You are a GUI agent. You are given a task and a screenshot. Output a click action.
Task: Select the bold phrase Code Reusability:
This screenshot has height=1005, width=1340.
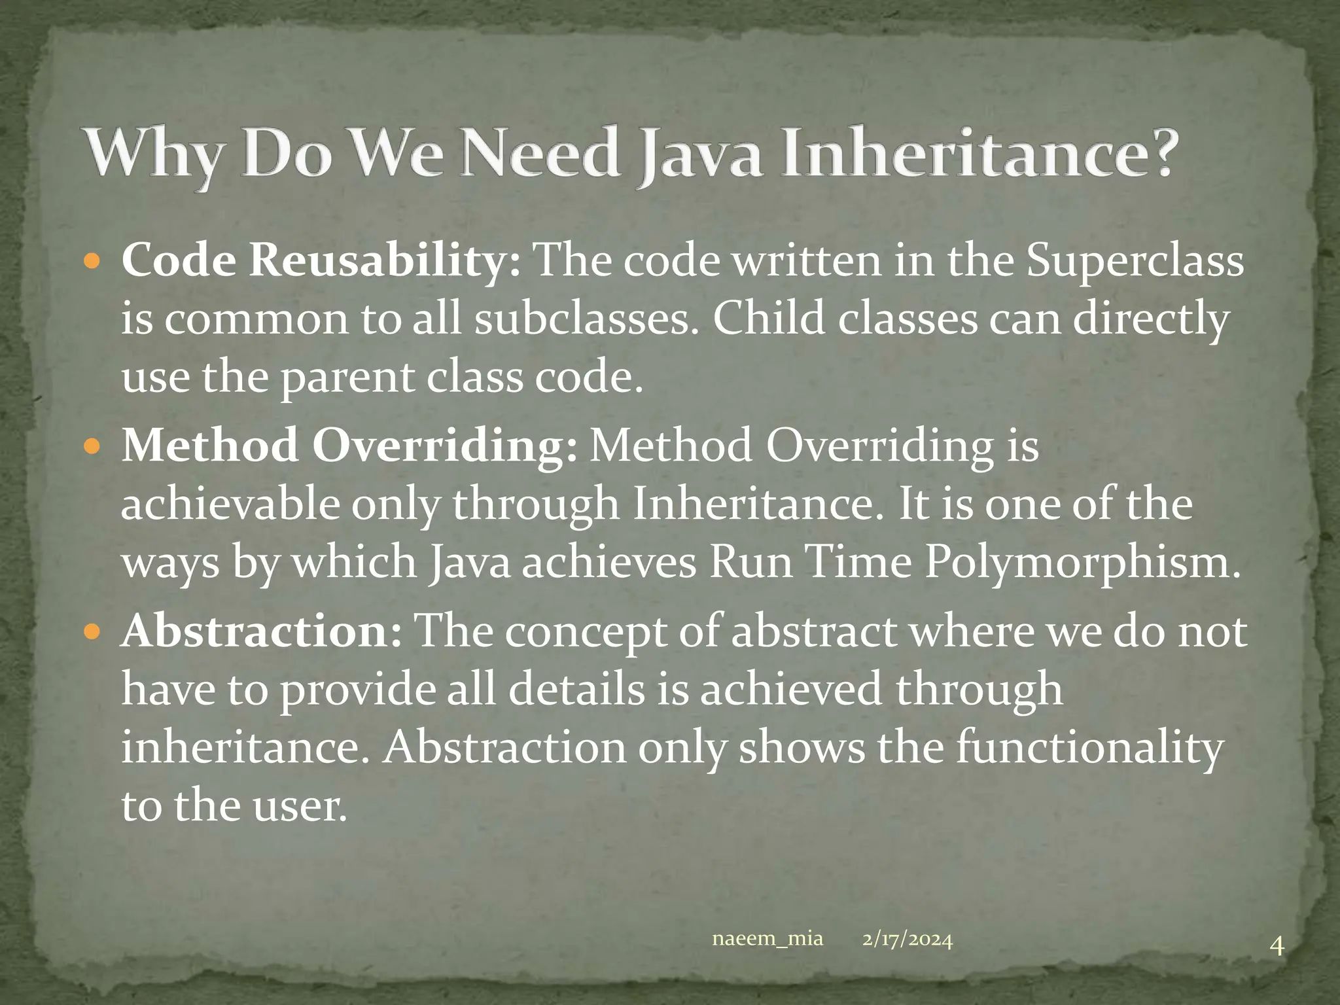tap(321, 260)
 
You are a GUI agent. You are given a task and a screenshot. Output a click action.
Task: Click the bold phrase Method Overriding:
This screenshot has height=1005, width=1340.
tap(349, 446)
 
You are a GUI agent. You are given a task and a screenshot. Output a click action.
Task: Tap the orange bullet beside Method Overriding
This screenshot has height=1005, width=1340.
tap(92, 448)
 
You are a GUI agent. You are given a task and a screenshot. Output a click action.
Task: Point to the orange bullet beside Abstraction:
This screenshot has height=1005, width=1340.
tap(92, 633)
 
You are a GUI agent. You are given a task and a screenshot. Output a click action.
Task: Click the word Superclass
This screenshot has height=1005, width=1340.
tap(1135, 260)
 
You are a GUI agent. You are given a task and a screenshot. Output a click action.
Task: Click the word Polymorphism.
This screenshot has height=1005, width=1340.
tap(1082, 563)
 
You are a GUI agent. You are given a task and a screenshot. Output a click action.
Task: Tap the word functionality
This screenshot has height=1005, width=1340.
tap(1089, 747)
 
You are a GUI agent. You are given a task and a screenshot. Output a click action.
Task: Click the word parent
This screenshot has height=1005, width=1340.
tap(347, 378)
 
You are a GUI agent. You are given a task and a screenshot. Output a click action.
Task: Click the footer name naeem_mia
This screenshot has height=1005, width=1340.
tap(767, 939)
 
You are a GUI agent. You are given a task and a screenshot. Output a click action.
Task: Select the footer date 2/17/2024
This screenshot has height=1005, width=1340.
tap(907, 940)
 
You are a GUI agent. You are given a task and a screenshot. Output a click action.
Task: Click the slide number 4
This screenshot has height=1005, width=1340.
tap(1277, 964)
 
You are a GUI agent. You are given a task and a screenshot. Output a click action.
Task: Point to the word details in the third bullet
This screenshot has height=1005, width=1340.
tap(576, 689)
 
